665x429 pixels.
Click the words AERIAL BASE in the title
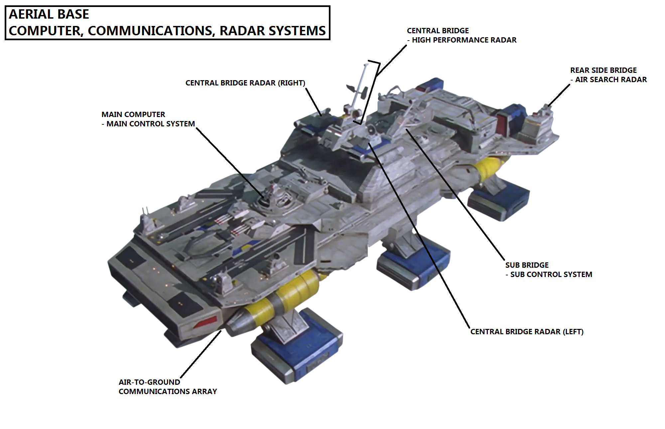point(49,14)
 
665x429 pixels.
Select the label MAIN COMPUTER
point(133,114)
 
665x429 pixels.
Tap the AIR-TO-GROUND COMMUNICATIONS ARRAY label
point(168,387)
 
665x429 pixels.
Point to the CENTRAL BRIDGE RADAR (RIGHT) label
point(245,83)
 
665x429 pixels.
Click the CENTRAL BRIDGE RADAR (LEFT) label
point(527,332)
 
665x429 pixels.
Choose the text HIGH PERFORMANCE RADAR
point(464,40)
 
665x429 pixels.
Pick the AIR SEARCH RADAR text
point(611,80)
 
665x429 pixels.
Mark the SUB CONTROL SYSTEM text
point(551,275)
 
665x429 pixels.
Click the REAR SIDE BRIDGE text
point(603,71)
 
